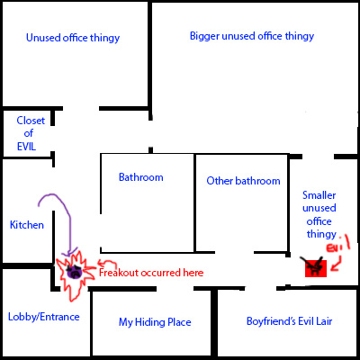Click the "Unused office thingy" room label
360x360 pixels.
point(73,38)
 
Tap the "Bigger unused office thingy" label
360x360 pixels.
point(252,36)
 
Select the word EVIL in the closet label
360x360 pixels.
point(26,147)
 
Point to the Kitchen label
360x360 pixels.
point(27,225)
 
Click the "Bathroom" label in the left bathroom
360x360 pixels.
point(141,177)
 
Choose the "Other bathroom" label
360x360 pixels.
point(243,181)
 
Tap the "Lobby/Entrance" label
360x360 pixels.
point(44,317)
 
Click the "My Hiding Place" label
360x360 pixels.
point(155,322)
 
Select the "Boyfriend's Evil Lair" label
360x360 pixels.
point(290,321)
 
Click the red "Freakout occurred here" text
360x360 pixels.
point(151,273)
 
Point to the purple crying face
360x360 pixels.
point(74,271)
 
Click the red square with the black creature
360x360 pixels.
point(316,268)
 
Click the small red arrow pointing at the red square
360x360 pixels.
point(336,264)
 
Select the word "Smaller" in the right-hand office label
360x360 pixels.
point(319,195)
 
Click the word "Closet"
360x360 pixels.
point(31,121)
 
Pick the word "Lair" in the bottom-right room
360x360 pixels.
point(323,321)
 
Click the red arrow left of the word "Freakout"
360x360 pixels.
point(107,264)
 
